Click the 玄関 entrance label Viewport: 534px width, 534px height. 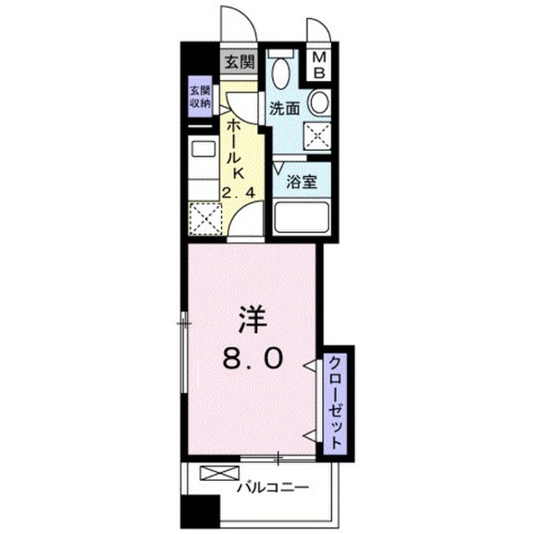coord(239,63)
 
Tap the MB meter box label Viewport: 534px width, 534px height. coord(319,65)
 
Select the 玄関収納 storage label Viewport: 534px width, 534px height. coord(200,97)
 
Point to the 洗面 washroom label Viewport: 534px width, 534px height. coord(285,108)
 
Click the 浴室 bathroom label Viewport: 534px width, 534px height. coord(301,182)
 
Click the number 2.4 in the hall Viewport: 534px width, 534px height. coord(238,193)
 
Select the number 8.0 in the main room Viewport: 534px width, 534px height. coord(253,358)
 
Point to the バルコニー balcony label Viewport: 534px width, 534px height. coord(273,487)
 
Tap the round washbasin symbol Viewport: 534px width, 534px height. coord(319,102)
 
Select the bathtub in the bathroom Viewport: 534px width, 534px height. coord(301,217)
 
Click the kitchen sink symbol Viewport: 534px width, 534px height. coord(204,149)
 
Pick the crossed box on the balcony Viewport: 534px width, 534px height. coord(219,473)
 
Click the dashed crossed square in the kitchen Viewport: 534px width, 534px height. coord(205,219)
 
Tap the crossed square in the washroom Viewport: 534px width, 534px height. coord(317,136)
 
